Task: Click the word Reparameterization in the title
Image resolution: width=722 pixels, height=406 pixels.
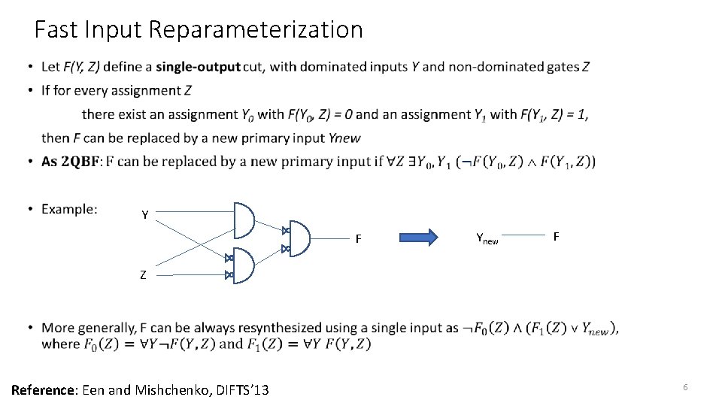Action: [256, 30]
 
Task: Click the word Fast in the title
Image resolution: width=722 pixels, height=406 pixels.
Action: [59, 30]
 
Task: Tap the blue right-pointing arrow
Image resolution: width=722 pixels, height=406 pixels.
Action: [419, 238]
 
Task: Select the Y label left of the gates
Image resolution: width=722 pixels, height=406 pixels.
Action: [144, 216]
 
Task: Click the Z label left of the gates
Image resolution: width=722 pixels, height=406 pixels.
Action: [143, 275]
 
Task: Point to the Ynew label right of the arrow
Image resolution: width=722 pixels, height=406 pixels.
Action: [487, 239]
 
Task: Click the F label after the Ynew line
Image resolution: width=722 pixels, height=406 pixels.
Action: [556, 237]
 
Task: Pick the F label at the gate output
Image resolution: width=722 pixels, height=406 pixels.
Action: [359, 240]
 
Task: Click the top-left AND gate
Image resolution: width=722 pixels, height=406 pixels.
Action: [244, 220]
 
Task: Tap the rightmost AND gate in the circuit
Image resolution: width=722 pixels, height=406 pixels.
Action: [299, 238]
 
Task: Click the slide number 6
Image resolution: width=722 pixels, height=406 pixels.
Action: [685, 386]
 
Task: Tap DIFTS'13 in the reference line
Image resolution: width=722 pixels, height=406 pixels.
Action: [240, 389]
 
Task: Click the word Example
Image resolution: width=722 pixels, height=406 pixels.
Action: [69, 209]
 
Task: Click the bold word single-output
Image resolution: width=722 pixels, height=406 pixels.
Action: [198, 67]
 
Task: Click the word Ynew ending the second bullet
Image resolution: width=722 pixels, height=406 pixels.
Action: [344, 138]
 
